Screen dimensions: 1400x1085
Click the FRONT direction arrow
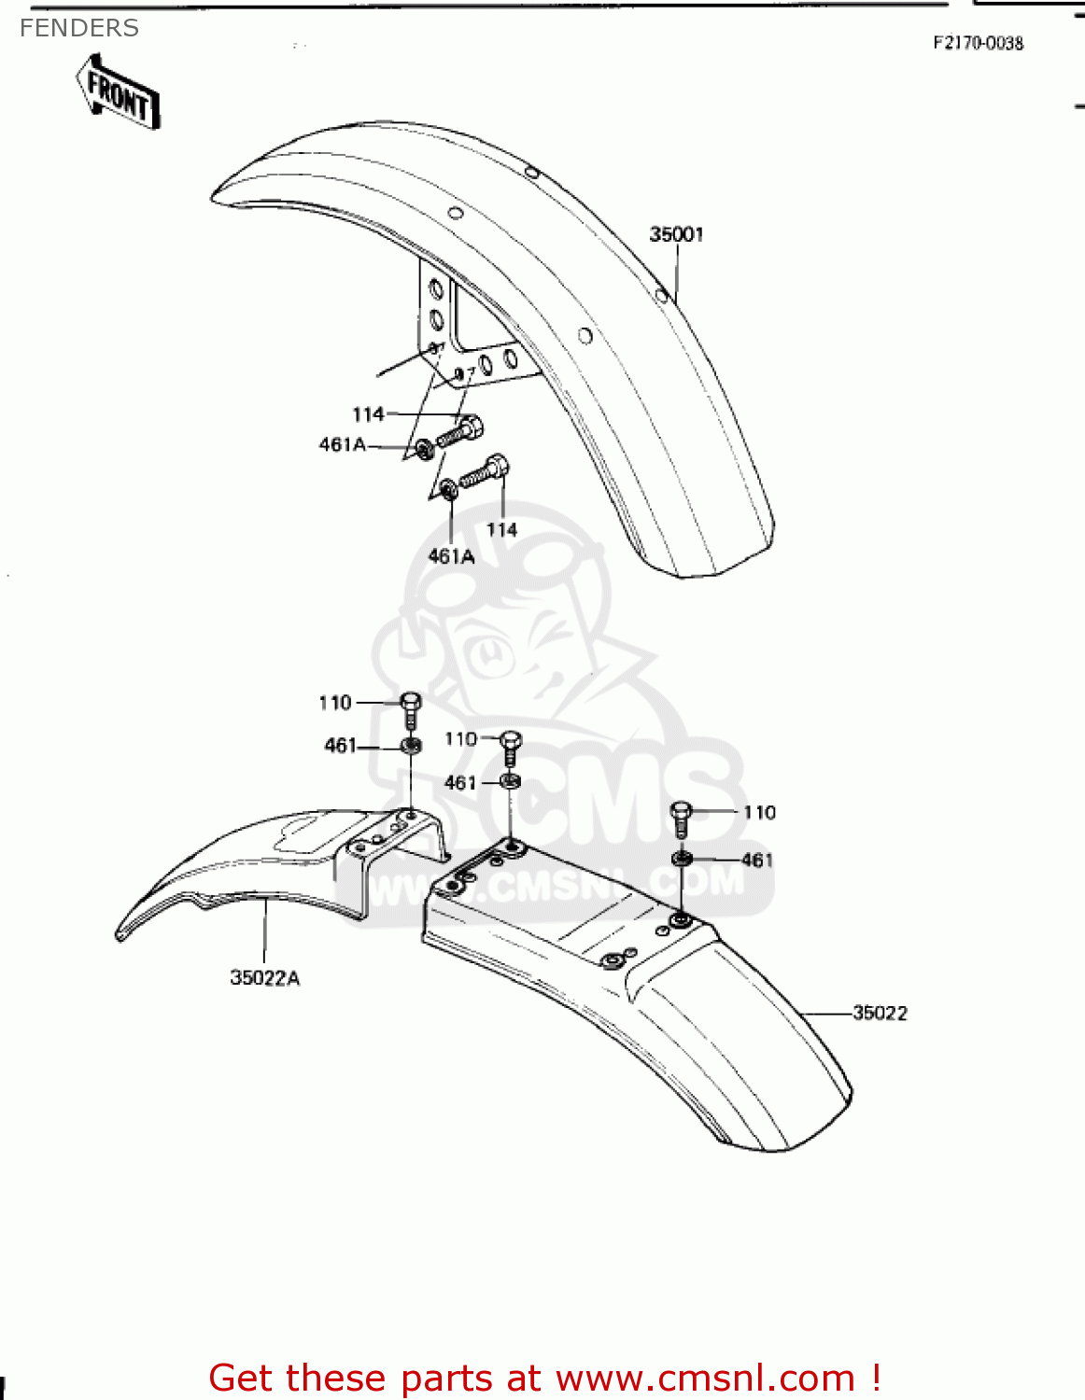[x=118, y=91]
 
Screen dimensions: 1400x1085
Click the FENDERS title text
[x=79, y=29]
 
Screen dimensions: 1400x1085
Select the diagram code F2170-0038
[x=978, y=43]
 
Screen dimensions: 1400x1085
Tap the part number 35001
[x=676, y=234]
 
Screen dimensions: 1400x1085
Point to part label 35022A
[x=265, y=978]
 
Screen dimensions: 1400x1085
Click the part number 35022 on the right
[x=880, y=1013]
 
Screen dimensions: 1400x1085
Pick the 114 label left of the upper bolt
[x=368, y=414]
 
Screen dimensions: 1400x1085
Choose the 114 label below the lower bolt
[x=501, y=530]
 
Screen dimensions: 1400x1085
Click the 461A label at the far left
[x=343, y=445]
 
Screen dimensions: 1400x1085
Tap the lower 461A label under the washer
[x=451, y=557]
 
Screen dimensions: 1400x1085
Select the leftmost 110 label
[x=335, y=703]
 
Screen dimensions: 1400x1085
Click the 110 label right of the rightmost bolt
[x=759, y=813]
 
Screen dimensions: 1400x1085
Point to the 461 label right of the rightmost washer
[x=757, y=860]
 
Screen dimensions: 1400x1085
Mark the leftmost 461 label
[x=340, y=746]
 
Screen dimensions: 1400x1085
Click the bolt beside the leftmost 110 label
[x=411, y=711]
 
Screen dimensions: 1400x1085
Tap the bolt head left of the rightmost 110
[x=682, y=817]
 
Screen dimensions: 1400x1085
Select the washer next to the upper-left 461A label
[x=423, y=450]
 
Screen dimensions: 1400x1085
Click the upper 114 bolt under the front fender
[x=461, y=431]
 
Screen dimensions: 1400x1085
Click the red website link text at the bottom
[x=544, y=1379]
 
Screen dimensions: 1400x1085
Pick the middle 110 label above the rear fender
[x=460, y=739]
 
